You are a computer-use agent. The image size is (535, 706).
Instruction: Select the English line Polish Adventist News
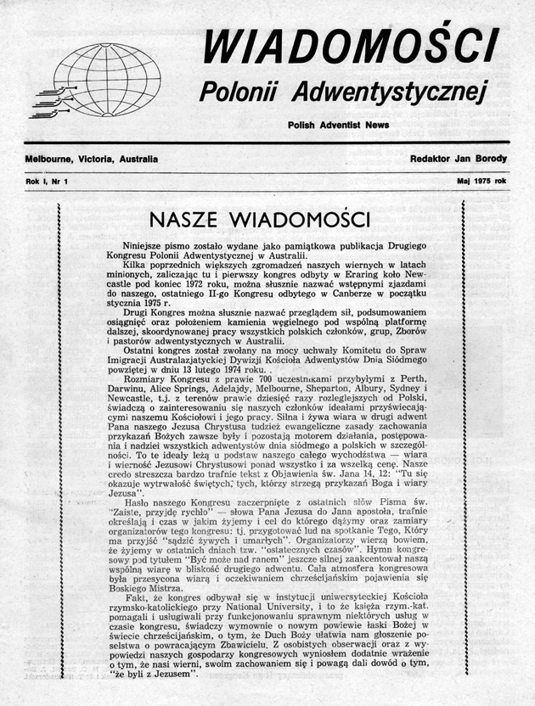[x=337, y=125]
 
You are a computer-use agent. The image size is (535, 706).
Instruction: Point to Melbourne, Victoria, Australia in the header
[x=92, y=159]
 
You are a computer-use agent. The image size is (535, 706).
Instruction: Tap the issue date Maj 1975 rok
[x=481, y=182]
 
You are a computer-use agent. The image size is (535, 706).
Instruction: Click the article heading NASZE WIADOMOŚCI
[x=259, y=219]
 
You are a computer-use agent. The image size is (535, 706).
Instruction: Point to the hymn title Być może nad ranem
[x=222, y=558]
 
